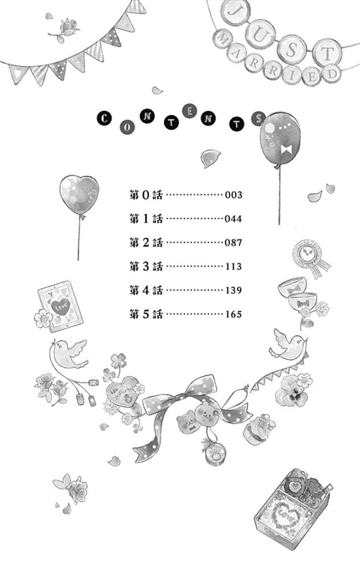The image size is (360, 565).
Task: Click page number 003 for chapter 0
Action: coord(234,195)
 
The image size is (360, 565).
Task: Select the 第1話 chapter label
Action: coord(146,218)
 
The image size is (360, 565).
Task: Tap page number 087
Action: coord(234,242)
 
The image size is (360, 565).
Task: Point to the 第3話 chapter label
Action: coord(146,266)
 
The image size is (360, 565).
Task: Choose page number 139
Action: coord(234,291)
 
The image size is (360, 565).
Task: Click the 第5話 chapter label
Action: coord(146,315)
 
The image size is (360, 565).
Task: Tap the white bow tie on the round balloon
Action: coord(286,150)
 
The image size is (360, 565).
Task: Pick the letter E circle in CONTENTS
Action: coord(189,111)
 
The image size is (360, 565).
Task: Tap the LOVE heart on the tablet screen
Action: coord(61,307)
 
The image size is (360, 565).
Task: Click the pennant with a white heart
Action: coord(18,74)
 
